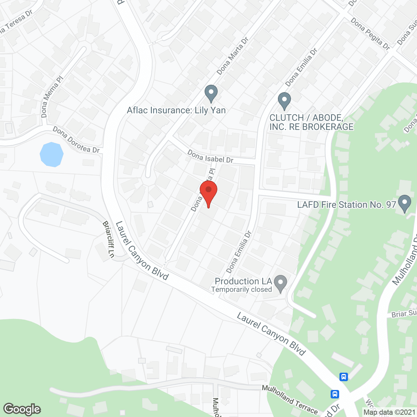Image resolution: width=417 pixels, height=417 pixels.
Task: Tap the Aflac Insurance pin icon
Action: coord(211,93)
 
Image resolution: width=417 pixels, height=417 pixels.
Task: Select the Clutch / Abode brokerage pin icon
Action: coord(284,101)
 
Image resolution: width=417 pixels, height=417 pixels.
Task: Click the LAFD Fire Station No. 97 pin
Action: coord(405,203)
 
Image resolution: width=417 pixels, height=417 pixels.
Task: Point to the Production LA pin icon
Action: coord(280,283)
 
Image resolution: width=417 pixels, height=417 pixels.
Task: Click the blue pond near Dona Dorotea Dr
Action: coord(51,154)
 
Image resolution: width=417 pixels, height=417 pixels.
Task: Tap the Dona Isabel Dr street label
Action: coord(210,157)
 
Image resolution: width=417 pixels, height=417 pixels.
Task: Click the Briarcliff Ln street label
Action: coord(108,239)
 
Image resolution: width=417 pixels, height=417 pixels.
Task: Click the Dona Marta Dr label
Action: coord(233,56)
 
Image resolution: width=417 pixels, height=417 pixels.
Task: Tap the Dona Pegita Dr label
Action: coord(370,34)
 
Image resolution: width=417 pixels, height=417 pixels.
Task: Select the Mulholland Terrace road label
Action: coord(290,399)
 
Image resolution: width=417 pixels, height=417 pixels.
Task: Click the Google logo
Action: coord(22,409)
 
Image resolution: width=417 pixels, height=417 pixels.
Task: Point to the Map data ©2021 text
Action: coord(390,412)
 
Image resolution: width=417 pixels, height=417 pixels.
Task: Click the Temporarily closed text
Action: coord(241,289)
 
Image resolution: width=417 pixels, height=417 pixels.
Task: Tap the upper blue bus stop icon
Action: coord(343,377)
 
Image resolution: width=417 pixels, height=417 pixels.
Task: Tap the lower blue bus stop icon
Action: coord(335,394)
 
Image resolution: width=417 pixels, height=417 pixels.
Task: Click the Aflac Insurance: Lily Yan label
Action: coord(176,110)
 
